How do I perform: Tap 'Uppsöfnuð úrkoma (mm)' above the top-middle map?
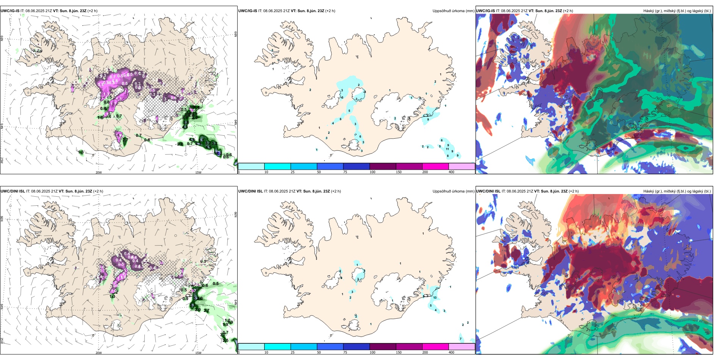pos(453,11)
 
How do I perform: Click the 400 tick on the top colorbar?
pos(451,172)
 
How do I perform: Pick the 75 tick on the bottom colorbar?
pos(345,352)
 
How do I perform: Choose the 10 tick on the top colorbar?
pos(266,172)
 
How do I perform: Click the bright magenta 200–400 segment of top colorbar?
pos(435,166)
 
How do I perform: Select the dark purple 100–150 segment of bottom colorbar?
pos(383,347)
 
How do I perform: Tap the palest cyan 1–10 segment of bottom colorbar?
pos(251,347)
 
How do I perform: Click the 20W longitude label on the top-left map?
pos(99,172)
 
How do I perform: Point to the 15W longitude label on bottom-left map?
pos(198,353)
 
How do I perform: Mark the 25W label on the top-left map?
pos(2,160)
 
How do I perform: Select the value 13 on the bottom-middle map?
pos(435,298)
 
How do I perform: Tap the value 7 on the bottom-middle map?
pos(460,339)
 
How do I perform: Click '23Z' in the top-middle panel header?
pos(320,11)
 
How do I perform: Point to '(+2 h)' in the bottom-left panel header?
pos(98,191)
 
